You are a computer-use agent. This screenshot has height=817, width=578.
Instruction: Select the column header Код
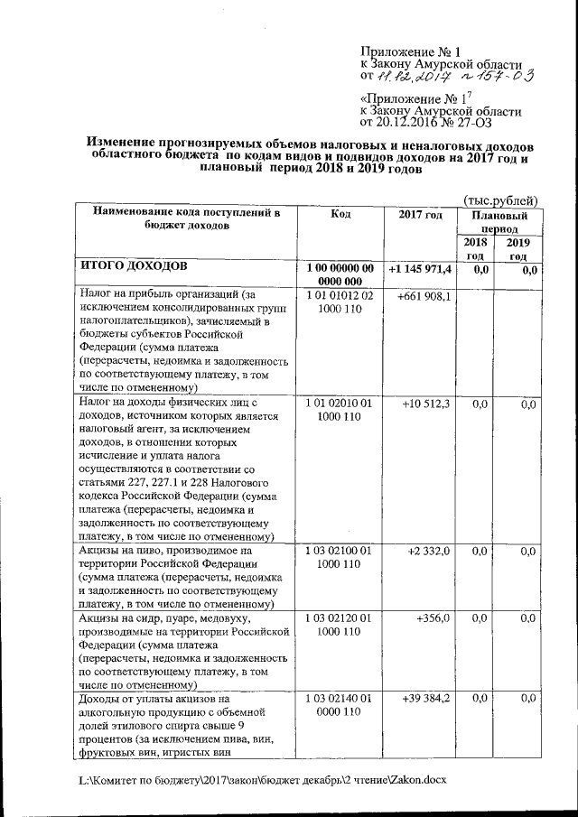[x=340, y=214]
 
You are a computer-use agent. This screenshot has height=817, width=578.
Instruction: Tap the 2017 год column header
[x=420, y=214]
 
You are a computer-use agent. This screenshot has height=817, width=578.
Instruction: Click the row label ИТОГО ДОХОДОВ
[x=135, y=268]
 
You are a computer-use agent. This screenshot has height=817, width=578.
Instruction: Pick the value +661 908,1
[x=424, y=296]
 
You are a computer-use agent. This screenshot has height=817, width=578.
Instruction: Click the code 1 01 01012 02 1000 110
[x=340, y=302]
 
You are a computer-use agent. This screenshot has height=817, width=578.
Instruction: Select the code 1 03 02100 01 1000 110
[x=340, y=557]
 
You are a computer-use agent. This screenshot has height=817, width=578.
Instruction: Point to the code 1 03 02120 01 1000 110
[x=340, y=624]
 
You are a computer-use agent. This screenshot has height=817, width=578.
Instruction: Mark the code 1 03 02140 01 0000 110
[x=340, y=705]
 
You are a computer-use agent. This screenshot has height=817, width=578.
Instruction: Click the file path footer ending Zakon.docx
[x=262, y=778]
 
